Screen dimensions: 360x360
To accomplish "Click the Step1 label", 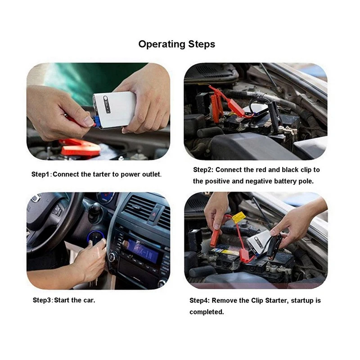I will [x=41, y=174].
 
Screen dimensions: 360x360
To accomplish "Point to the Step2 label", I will [x=203, y=170].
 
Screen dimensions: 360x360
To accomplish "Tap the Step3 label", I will [x=43, y=300].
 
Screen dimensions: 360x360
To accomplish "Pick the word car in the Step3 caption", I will [x=88, y=300].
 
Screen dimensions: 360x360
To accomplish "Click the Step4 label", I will [x=200, y=300].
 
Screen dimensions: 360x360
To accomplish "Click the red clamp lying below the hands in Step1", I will [x=79, y=147].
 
